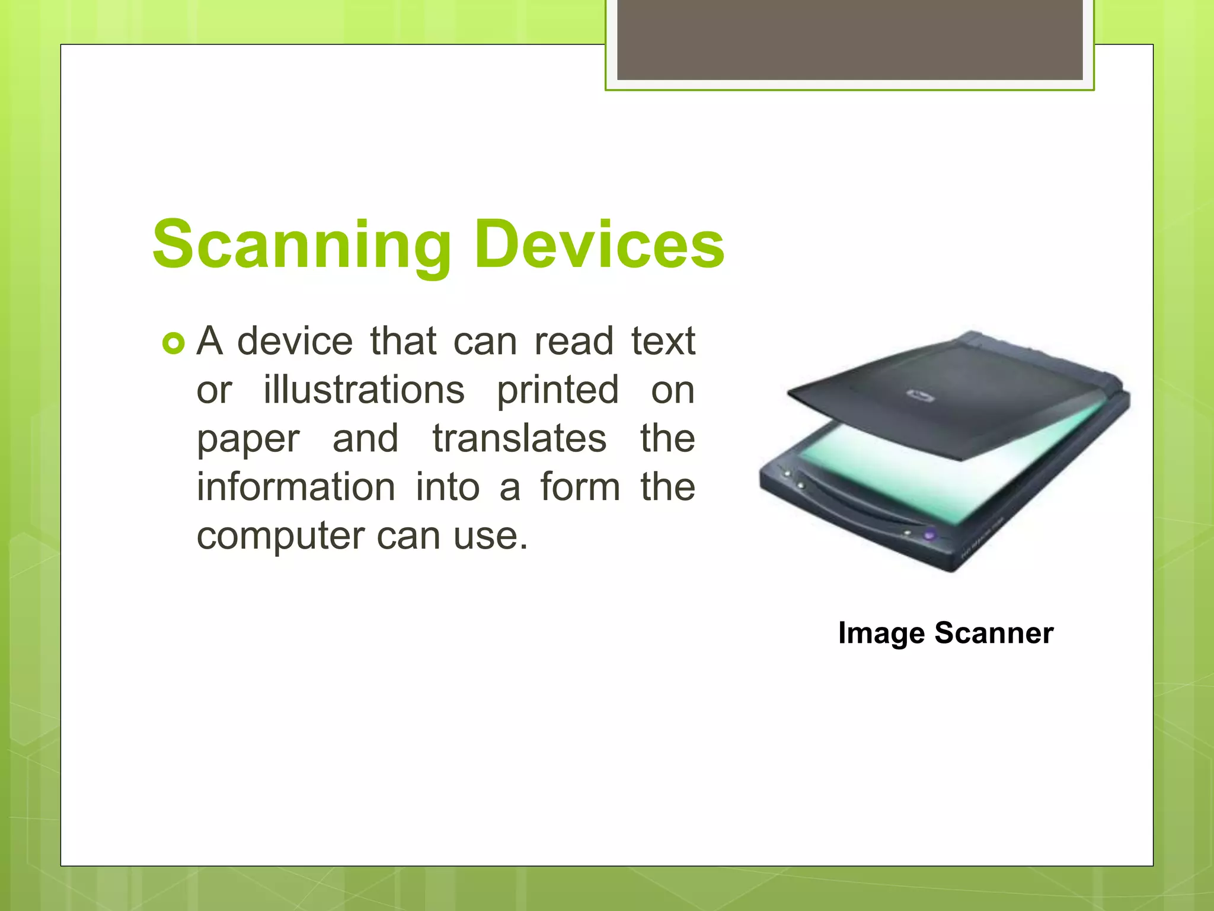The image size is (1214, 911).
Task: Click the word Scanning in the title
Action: [x=302, y=244]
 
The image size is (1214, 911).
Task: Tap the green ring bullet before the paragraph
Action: [x=173, y=343]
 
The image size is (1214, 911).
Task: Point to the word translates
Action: [x=519, y=438]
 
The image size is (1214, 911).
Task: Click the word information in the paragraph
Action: [x=296, y=487]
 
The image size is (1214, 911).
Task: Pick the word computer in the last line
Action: [x=280, y=536]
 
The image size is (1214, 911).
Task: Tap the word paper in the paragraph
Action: [x=248, y=439]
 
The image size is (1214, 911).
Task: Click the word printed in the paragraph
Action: [x=558, y=391]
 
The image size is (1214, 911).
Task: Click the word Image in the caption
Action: [x=881, y=633]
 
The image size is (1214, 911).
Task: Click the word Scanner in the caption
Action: [x=994, y=633]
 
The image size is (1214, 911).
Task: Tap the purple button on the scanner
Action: [x=929, y=534]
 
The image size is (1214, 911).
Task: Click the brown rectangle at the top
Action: [x=849, y=39]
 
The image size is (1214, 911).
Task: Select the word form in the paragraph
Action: [x=580, y=487]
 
